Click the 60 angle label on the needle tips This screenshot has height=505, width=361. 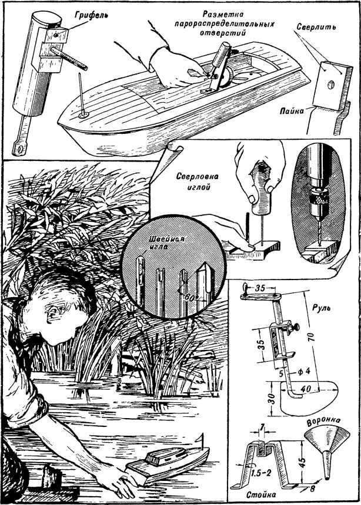click(189, 298)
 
